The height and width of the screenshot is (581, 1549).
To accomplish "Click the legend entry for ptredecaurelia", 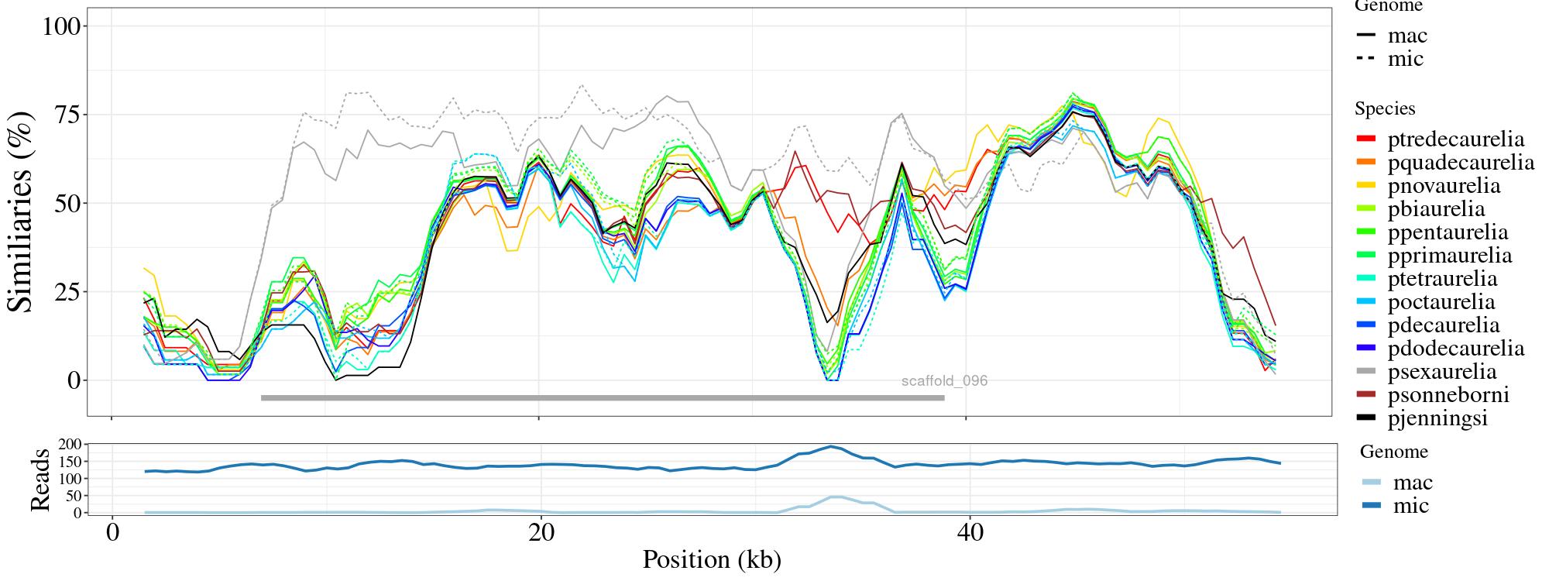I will pyautogui.click(x=1455, y=139).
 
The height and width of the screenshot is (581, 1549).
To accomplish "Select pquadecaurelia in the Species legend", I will pyautogui.click(x=1460, y=163).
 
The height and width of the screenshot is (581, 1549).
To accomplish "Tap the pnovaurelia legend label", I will pyautogui.click(x=1444, y=186).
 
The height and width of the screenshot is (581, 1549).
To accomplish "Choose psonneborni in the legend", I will pyautogui.click(x=1448, y=395).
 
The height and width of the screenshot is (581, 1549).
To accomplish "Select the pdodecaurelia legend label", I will pyautogui.click(x=1455, y=349).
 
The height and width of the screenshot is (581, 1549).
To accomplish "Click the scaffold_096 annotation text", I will pyautogui.click(x=944, y=381).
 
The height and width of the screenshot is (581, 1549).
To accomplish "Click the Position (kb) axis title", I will pyautogui.click(x=711, y=560).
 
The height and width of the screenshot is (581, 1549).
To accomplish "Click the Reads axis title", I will pyautogui.click(x=39, y=480).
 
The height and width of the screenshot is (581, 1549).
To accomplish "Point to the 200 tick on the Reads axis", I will pyautogui.click(x=69, y=444).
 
